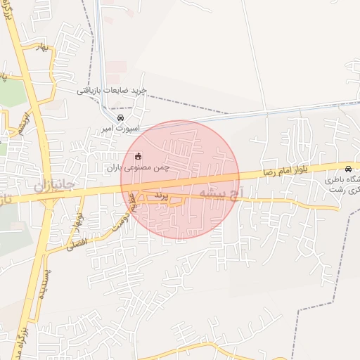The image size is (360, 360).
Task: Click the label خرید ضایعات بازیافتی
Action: click(x=112, y=90)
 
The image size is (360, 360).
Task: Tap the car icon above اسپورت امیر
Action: click(x=121, y=117)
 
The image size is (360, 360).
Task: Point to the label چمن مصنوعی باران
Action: click(x=138, y=168)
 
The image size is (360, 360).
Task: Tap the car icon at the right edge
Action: click(x=349, y=168)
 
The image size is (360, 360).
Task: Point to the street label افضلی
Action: click(x=72, y=245)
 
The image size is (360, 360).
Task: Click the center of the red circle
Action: click(x=180, y=179)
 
